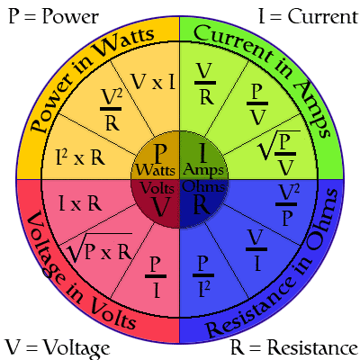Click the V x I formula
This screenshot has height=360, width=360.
[153, 82]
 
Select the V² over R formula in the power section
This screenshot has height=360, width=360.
[111, 110]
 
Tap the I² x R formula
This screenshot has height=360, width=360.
[80, 157]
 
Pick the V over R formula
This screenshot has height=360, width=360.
[205, 84]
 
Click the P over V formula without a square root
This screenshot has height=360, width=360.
[257, 104]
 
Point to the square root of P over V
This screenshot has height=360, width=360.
[280, 153]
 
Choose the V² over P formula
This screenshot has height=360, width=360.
[287, 205]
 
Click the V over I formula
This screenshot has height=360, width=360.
[256, 250]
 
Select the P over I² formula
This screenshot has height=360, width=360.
[203, 276]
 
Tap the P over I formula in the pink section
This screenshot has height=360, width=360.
[156, 277]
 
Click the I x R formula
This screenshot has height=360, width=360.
[80, 204]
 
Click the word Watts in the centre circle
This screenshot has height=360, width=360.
[156, 170]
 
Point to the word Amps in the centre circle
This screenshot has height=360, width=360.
[203, 171]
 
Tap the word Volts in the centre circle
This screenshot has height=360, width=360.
[157, 188]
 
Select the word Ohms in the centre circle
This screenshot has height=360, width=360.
[203, 187]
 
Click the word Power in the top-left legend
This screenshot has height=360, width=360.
[70, 16]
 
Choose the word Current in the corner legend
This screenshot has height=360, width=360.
[323, 16]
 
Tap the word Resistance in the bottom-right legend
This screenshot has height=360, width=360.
[312, 347]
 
